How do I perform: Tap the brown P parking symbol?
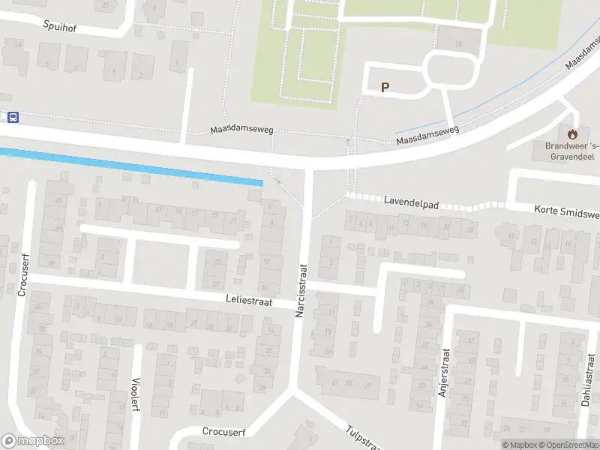[385, 87]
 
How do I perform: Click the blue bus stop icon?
[13, 117]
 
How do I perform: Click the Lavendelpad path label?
[409, 202]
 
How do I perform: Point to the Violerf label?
[136, 393]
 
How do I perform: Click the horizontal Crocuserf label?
[224, 431]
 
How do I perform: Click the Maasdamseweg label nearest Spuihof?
[241, 130]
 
